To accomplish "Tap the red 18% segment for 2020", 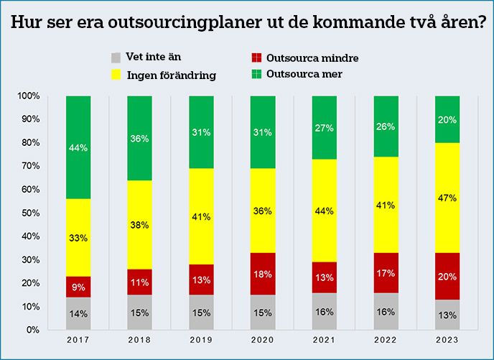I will [264, 274].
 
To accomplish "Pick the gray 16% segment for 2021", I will [325, 311].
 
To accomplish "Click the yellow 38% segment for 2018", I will [139, 225].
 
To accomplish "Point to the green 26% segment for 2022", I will [387, 126].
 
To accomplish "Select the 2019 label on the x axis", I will [202, 340].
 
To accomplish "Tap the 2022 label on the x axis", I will [387, 340].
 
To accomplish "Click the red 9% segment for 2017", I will [78, 287].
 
